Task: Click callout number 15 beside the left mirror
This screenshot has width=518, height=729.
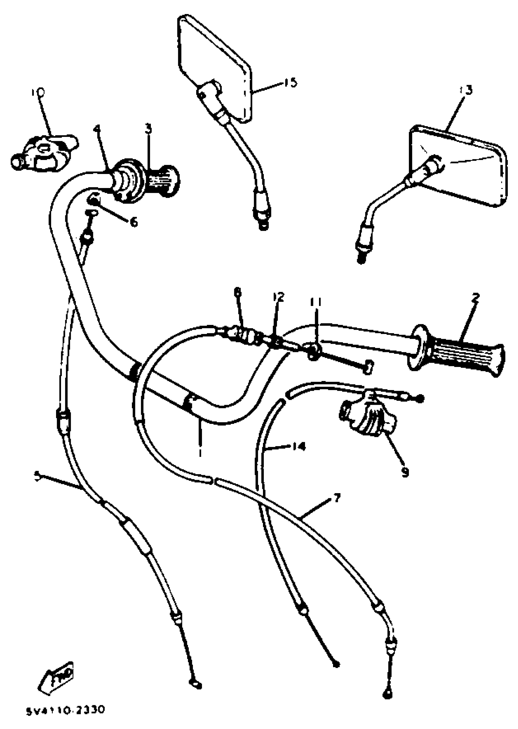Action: [291, 83]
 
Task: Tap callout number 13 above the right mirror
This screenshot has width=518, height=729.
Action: [466, 90]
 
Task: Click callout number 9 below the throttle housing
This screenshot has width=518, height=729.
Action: [405, 472]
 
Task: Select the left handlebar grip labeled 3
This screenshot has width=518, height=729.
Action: [163, 181]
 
